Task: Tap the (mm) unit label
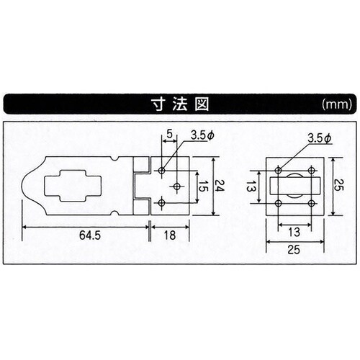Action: point(335,104)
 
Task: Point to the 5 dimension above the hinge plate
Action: point(168,134)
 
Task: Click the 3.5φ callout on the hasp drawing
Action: point(202,135)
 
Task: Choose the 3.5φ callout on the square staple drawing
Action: point(318,137)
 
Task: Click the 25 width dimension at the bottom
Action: point(293,249)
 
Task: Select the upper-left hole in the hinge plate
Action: point(162,171)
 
